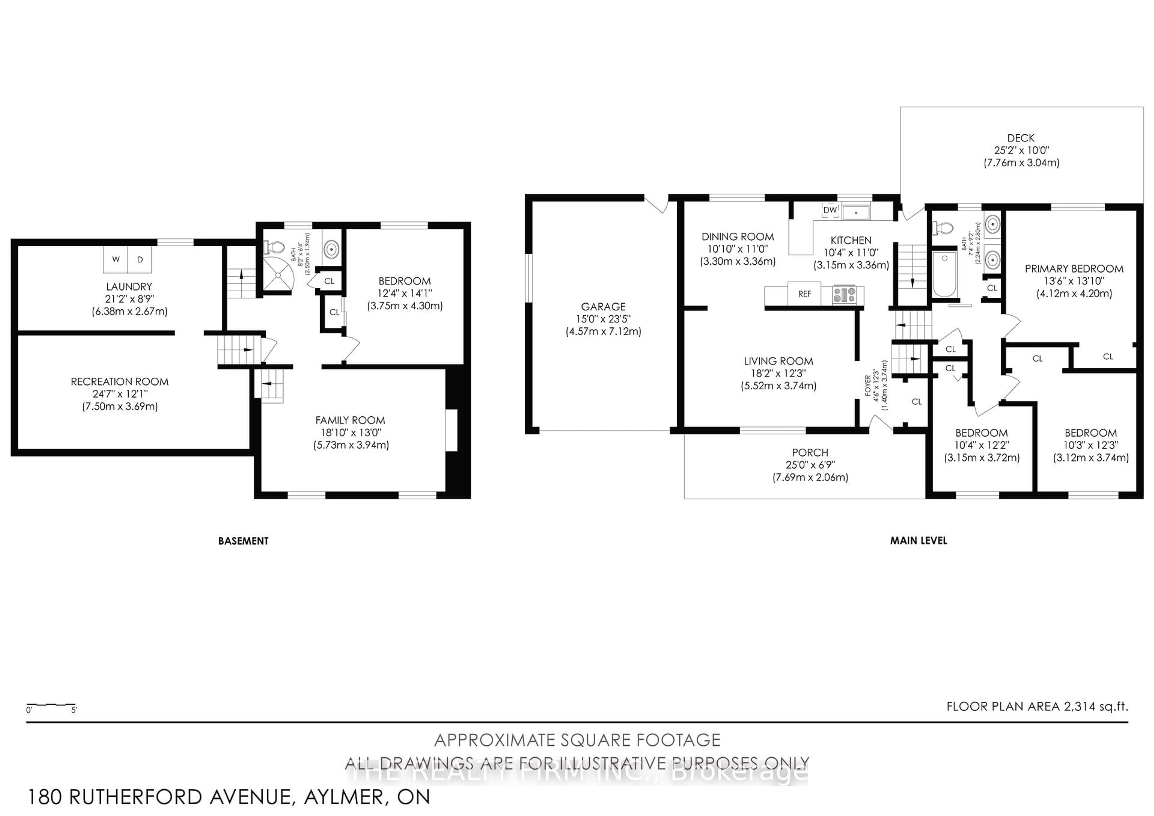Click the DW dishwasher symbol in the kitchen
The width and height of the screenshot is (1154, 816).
[830, 210]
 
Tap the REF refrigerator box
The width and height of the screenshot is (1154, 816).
[804, 294]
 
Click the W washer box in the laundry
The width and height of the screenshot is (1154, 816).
[116, 259]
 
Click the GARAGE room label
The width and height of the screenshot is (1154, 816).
[603, 306]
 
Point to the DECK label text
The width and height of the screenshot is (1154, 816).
[1021, 138]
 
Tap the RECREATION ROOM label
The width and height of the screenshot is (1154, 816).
[120, 382]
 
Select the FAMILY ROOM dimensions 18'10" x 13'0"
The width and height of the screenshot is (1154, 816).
[351, 432]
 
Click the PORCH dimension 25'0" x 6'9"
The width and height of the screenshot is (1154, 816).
[810, 465]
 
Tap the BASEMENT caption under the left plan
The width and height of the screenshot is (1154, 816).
[243, 541]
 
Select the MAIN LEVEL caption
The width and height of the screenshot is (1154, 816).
[918, 541]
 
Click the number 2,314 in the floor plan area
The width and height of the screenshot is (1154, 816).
[1079, 706]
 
